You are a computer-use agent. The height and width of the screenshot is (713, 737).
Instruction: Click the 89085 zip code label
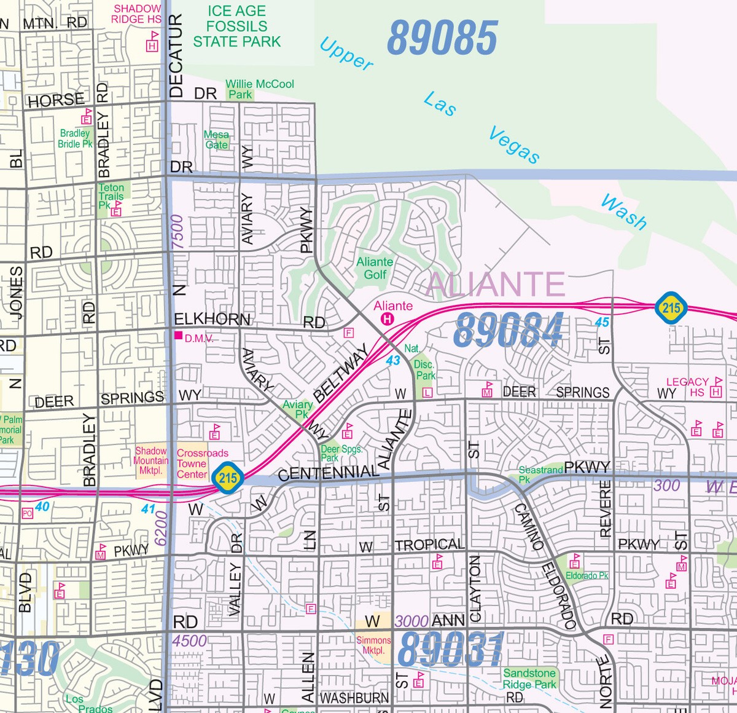442,38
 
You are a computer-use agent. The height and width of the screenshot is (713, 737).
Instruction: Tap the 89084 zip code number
509,330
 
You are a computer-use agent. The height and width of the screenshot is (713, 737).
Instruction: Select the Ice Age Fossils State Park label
236,27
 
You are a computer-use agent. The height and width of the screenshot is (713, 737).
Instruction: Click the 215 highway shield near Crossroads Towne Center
228,478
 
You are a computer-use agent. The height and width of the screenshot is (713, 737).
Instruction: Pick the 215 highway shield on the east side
670,307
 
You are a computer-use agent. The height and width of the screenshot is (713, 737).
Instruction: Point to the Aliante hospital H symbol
388,318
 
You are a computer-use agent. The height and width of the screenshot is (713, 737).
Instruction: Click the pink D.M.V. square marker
179,336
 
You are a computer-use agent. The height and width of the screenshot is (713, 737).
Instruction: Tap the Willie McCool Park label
259,89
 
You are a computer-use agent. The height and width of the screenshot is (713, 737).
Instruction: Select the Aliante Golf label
375,268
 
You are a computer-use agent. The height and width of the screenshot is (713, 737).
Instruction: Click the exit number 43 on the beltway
393,361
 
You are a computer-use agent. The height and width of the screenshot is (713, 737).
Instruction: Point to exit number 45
602,322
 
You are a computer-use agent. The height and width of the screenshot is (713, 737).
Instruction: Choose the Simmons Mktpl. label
373,645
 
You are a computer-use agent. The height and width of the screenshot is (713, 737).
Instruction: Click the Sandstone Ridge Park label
529,679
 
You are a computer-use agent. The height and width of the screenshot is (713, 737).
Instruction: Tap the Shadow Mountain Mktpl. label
151,460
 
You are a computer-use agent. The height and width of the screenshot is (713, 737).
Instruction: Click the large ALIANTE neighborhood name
495,285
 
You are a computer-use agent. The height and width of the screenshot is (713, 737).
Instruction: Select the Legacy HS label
687,387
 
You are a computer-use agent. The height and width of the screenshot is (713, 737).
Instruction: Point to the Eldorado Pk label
587,576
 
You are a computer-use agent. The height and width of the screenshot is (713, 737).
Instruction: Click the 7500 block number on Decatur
177,232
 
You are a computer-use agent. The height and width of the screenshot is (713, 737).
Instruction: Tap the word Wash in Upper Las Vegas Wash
623,212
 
